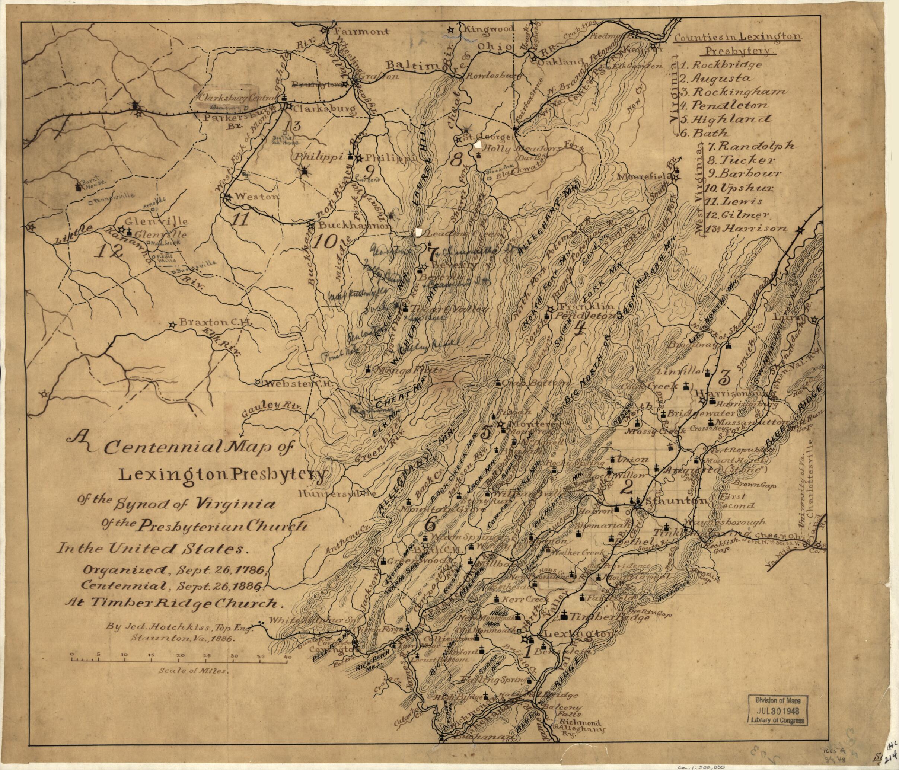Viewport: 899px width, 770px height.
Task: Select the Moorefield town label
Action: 647,177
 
